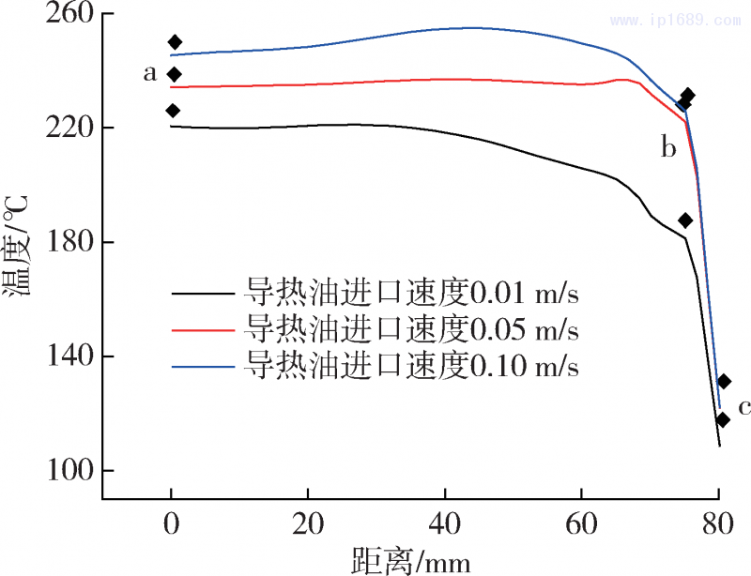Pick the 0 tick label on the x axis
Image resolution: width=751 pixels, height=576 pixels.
point(171,523)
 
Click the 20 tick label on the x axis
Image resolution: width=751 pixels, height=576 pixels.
point(307,523)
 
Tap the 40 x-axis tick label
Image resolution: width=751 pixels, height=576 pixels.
point(444,523)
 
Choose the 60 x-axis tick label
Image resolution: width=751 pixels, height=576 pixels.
point(581,523)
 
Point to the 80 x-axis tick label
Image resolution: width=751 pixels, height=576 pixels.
point(717,523)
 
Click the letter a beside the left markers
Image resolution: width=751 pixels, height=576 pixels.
point(149,72)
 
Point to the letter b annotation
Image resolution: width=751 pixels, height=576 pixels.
point(668,147)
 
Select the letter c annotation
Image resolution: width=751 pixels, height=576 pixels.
point(744,407)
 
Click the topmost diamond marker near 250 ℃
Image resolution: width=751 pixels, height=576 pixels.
point(175,42)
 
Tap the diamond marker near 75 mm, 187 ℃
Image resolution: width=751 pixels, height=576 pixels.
point(685,220)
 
